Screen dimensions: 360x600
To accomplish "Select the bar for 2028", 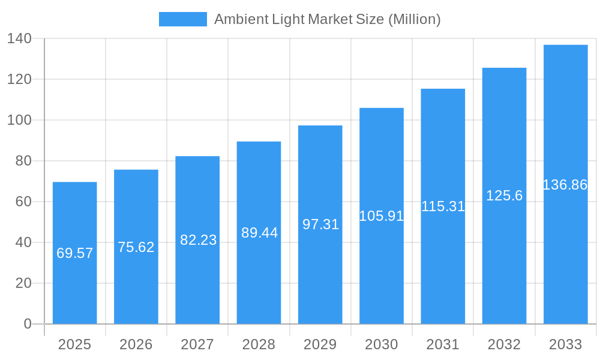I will (x=259, y=276).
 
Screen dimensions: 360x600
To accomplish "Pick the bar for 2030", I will (x=381, y=270).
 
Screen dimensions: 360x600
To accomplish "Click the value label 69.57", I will (x=74, y=253).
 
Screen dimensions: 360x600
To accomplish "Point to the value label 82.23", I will (x=198, y=240).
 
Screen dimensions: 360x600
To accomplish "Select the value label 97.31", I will (x=320, y=224).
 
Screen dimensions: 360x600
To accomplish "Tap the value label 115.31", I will (x=443, y=206).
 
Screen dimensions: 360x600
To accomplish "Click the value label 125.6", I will (x=504, y=196).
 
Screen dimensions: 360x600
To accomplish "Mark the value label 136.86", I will (x=565, y=185).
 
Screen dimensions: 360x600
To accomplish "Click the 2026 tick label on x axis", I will (x=136, y=344).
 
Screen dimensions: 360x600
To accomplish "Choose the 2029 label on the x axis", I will (x=320, y=344).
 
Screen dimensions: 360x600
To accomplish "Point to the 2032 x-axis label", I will (x=504, y=344).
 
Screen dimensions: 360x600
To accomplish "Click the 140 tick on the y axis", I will (x=19, y=38).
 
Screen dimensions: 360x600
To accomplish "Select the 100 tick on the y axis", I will (x=19, y=120).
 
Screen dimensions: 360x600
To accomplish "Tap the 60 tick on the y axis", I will (x=23, y=202).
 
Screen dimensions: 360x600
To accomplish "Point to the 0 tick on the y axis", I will (x=28, y=324).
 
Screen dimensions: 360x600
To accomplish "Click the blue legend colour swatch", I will (x=182, y=19).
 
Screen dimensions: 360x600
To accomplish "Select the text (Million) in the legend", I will (x=415, y=19).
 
